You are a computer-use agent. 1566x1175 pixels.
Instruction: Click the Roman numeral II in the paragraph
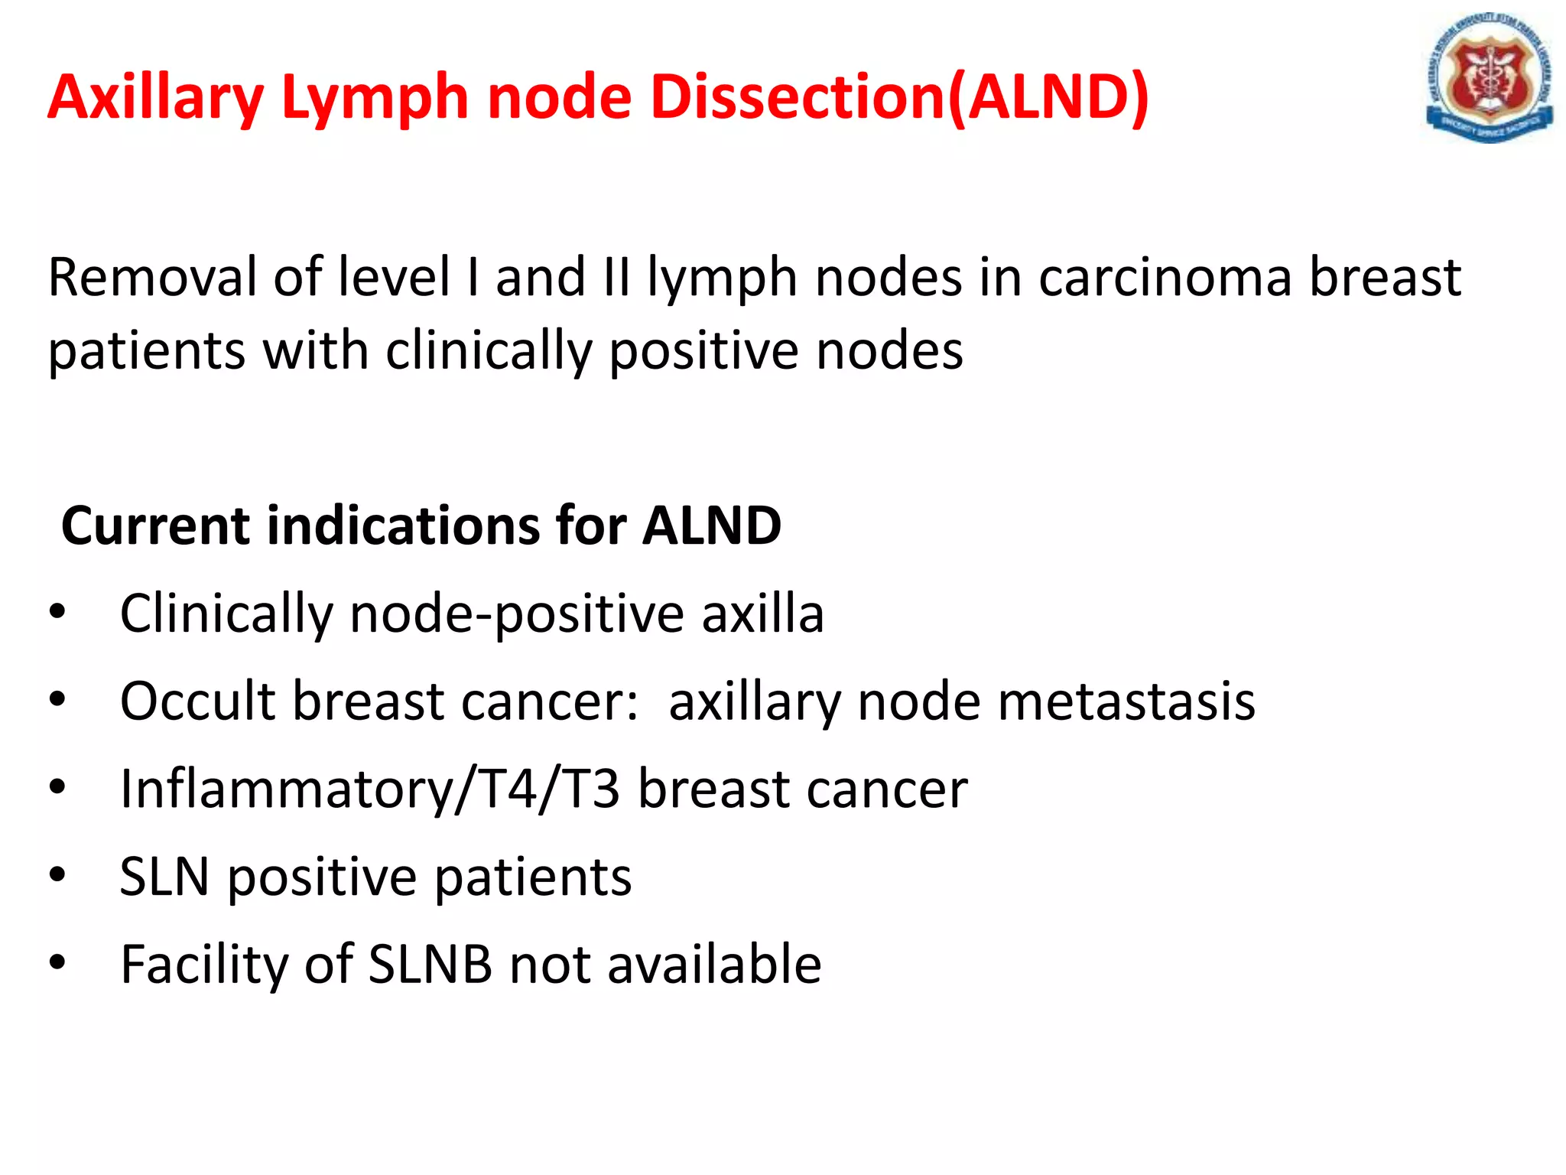(616, 277)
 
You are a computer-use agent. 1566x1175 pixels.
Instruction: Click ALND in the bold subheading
(711, 526)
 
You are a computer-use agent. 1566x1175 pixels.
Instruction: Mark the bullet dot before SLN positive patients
(57, 874)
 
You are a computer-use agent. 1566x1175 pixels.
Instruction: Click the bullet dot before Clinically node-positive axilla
(57, 612)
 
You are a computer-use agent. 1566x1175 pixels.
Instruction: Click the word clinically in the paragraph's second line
(489, 351)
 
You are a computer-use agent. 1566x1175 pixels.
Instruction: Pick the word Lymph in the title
(374, 98)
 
